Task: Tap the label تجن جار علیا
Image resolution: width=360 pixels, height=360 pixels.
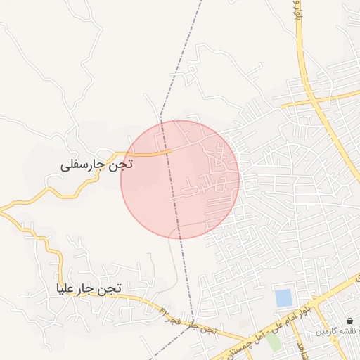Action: pos(90,288)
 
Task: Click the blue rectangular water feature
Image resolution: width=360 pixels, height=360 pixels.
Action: pos(283,298)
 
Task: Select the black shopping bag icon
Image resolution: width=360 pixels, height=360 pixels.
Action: pos(349,321)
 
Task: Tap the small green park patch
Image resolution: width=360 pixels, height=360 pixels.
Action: pos(273,342)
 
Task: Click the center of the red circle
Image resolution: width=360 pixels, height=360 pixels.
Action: pos(180,179)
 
